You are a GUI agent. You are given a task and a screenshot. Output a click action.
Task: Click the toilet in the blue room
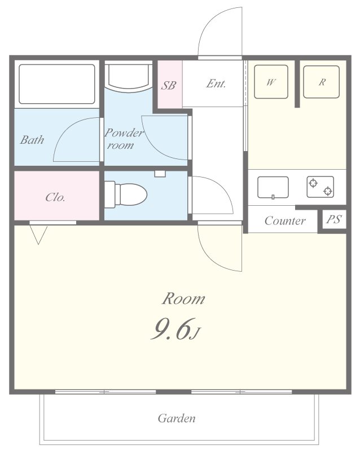126,194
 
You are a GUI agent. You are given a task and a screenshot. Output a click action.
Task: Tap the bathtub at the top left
57,84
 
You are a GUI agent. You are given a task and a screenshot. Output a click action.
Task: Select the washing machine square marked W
271,82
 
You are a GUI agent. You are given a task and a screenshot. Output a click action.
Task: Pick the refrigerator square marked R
322,82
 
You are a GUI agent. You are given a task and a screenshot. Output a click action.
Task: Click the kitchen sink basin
273,188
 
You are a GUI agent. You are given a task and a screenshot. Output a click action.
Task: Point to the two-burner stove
321,187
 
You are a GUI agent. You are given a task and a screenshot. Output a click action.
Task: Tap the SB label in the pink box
168,85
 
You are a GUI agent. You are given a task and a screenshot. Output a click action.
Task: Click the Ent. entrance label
216,83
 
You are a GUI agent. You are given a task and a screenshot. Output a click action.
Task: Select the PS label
334,219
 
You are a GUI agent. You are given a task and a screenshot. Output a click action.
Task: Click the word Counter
285,220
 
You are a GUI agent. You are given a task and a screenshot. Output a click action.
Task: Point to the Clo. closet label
55,197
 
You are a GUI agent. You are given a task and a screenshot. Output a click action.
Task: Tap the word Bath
32,140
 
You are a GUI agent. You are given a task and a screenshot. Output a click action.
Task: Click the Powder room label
123,139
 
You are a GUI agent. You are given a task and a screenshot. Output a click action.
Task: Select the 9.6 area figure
172,329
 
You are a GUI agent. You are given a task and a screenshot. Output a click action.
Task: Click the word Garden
177,418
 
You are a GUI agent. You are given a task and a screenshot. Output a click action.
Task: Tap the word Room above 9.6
183,299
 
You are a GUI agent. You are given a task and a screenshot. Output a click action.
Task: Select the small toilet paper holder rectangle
160,174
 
